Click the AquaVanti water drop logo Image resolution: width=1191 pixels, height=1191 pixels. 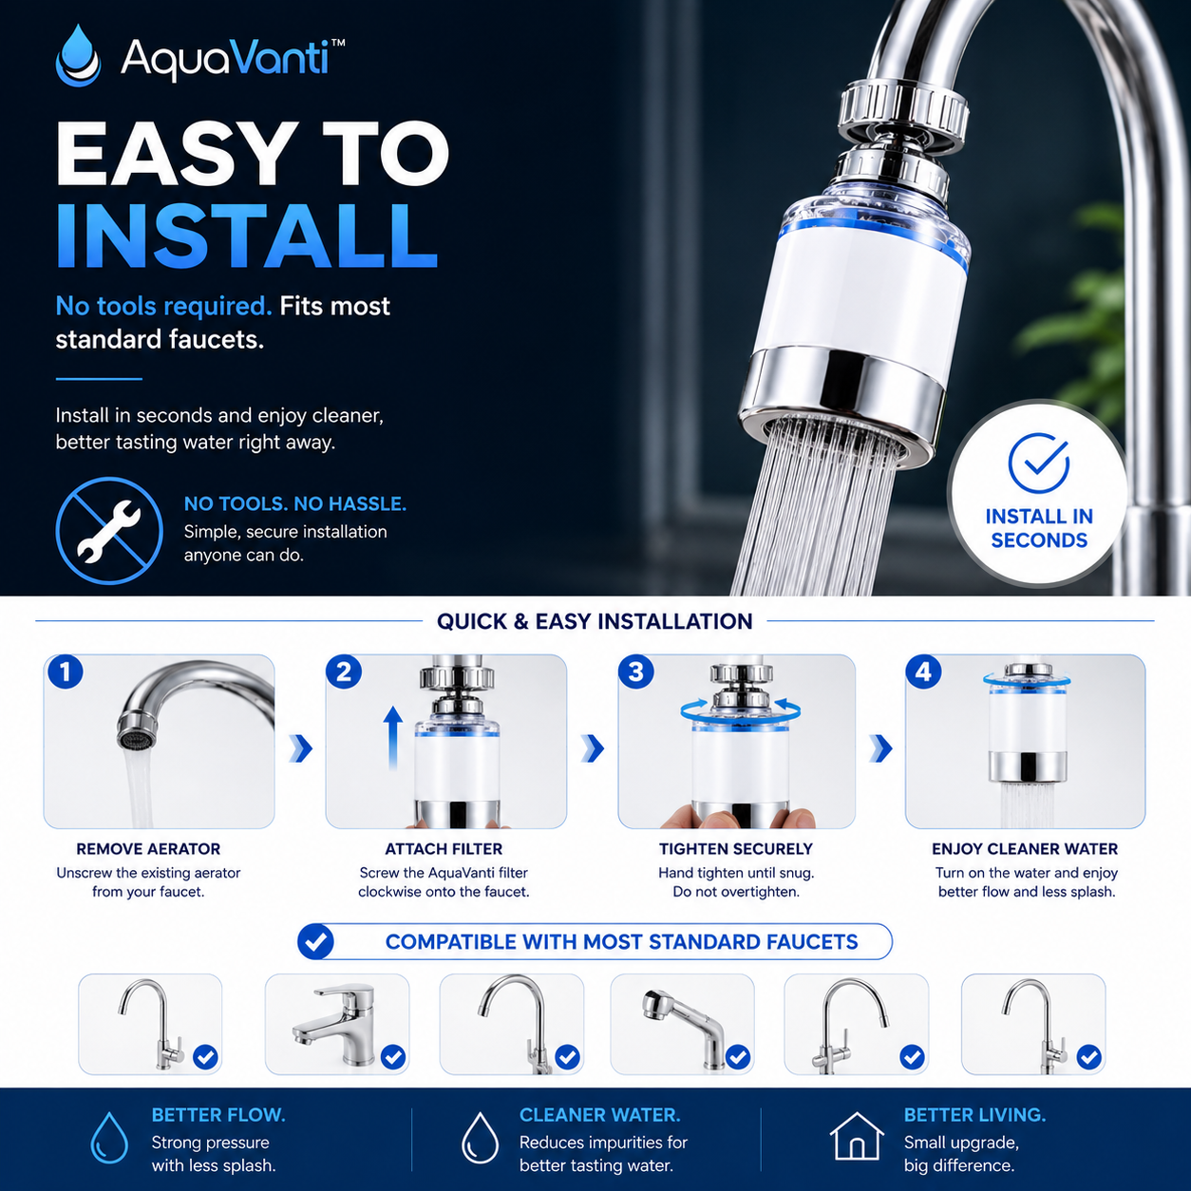point(78,56)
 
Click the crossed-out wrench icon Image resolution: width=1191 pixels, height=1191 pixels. point(109,530)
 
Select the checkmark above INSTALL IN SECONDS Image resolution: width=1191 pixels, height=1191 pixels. point(1038,463)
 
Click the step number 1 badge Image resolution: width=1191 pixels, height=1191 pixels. point(65,671)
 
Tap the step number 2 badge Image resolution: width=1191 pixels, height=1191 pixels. point(344,671)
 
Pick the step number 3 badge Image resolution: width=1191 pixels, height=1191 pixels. point(636,671)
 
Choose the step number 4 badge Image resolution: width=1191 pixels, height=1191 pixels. point(923,671)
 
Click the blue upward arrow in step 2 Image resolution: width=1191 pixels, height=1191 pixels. point(392,738)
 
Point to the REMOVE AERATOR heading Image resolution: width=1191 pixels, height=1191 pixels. point(148,848)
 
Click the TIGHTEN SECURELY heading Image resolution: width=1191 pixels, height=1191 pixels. point(736,848)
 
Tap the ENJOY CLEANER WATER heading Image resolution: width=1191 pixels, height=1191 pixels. point(1026,848)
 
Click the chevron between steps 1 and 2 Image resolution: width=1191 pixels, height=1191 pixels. point(301,748)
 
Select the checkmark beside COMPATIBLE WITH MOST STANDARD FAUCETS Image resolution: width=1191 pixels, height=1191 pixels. point(316,941)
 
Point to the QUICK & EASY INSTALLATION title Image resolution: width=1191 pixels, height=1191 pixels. point(595,621)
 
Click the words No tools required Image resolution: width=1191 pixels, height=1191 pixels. point(163,306)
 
